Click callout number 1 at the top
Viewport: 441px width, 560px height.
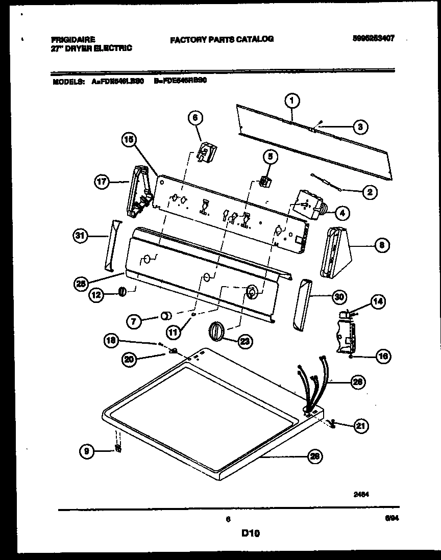click(x=292, y=100)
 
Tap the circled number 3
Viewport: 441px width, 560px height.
click(x=360, y=127)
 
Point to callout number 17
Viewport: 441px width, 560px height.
click(x=102, y=181)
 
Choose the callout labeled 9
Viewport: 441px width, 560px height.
click(x=88, y=450)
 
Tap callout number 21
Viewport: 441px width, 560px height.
click(x=360, y=425)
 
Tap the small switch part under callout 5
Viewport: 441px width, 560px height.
click(x=265, y=181)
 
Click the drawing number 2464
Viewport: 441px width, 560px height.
click(x=361, y=494)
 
